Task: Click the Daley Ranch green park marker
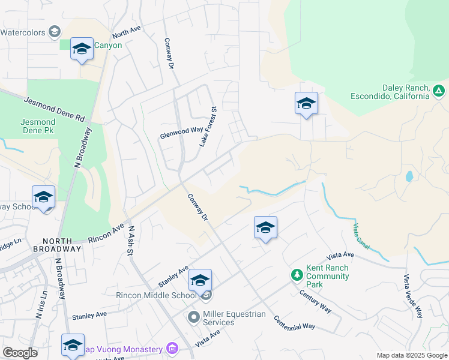click(439, 91)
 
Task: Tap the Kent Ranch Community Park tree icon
click(297, 275)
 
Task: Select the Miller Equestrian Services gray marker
click(193, 317)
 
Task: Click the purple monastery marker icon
click(172, 348)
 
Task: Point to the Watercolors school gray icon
click(54, 31)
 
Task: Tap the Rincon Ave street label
click(105, 233)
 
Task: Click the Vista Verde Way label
click(413, 296)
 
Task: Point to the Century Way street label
click(315, 300)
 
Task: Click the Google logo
click(20, 353)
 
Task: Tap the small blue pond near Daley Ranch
click(409, 176)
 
